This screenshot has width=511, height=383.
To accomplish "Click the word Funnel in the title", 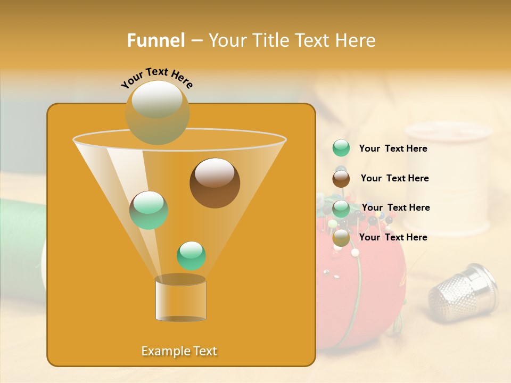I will (156, 40).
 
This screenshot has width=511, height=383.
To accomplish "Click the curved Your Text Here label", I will (156, 78).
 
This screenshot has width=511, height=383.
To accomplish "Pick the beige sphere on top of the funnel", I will (158, 112).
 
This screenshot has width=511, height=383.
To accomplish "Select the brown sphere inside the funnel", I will (215, 183).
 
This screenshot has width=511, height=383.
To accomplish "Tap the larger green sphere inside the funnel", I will (149, 210).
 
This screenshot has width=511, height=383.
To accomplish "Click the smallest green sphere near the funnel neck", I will (191, 255).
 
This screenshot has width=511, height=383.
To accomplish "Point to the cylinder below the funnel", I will (180, 301).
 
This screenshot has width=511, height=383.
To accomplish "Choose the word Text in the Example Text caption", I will (204, 351).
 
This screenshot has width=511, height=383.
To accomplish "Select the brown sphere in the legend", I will (341, 179).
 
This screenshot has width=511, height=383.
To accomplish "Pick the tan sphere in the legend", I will (341, 238).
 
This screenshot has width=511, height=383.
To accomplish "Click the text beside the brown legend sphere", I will (394, 178).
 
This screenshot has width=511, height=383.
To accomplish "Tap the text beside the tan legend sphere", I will (393, 237).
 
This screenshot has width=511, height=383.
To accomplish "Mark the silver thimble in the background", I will (463, 290).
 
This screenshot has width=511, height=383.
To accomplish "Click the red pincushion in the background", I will (367, 287).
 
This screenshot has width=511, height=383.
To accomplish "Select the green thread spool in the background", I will (21, 239).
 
